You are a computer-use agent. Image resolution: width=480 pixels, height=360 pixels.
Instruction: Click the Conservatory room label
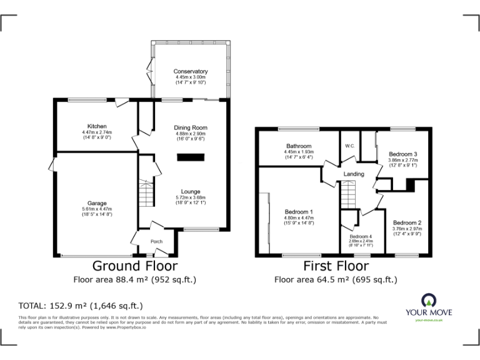191,72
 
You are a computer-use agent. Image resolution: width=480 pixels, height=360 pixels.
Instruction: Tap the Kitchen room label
97,127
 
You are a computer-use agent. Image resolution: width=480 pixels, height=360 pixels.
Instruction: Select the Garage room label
97,204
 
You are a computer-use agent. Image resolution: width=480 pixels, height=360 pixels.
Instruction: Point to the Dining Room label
190,128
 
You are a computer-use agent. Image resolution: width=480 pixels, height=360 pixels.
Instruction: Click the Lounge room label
191,192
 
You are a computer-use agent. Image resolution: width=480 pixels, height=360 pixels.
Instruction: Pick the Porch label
156,242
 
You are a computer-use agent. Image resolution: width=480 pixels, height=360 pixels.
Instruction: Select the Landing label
354,174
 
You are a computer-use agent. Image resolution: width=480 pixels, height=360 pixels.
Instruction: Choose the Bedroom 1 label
299,212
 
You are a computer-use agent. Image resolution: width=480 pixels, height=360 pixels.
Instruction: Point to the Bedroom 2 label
407,223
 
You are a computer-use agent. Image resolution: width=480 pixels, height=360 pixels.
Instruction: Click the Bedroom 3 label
403,154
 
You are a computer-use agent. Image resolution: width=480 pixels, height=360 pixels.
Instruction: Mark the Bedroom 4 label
360,237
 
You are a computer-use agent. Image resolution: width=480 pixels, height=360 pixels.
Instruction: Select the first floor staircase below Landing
349,196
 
